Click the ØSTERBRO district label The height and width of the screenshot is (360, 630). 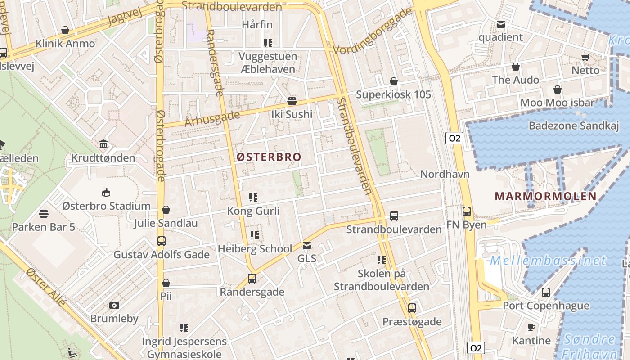(269, 157)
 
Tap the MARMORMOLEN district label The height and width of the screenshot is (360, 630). (545, 196)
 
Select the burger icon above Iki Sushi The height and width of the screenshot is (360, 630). (292, 101)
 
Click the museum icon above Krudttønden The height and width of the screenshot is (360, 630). (103, 145)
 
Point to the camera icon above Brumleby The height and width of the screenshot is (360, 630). (114, 306)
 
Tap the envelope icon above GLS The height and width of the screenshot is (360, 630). (307, 246)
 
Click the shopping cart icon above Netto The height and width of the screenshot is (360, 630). (585, 57)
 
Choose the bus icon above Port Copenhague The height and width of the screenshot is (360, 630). (546, 292)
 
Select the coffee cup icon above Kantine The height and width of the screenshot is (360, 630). (531, 327)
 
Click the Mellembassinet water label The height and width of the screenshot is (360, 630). (548, 261)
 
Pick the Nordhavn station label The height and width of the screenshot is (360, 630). (445, 174)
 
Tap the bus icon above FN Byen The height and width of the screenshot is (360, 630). (467, 211)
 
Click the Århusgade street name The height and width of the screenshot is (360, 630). (212, 118)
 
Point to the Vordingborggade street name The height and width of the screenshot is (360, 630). (373, 31)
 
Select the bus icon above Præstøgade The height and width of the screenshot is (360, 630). (412, 308)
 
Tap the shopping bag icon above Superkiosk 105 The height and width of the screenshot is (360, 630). (394, 81)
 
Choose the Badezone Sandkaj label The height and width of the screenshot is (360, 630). (574, 126)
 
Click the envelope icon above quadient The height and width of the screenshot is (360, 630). (500, 24)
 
